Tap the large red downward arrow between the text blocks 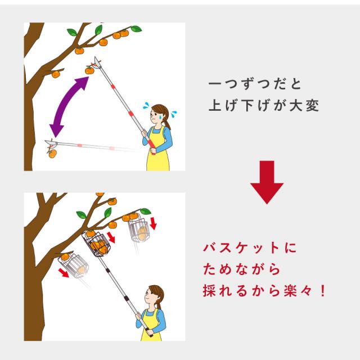pyautogui.click(x=267, y=182)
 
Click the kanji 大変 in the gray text pyautogui.click(x=304, y=106)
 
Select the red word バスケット pyautogui.click(x=241, y=249)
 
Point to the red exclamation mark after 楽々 pyautogui.click(x=323, y=291)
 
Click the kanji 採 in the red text pyautogui.click(x=209, y=291)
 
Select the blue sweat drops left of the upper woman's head pyautogui.click(x=146, y=106)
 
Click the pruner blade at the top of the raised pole pyautogui.click(x=97, y=62)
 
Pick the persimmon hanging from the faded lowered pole pyautogui.click(x=52, y=154)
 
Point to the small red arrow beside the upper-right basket pyautogui.click(x=153, y=224)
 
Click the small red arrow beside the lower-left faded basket pyautogui.click(x=64, y=272)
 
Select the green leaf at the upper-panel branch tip pyautogui.click(x=136, y=29)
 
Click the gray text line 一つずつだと pyautogui.click(x=255, y=84)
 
